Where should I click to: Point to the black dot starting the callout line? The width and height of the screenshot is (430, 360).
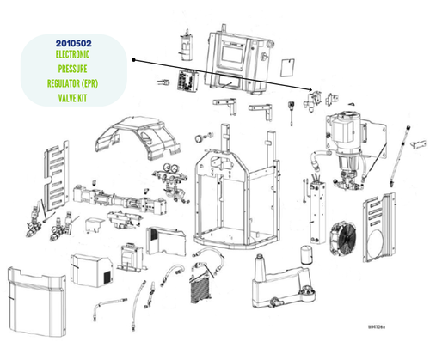tap(135, 60)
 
